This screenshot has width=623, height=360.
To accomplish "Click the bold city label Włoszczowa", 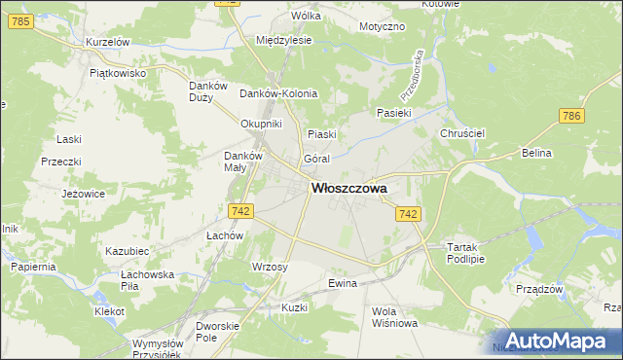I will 348,189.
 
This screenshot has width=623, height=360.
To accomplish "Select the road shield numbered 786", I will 571,116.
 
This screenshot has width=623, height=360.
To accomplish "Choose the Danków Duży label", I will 207,90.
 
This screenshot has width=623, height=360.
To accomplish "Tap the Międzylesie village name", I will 282,41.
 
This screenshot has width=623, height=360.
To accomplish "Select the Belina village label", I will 536,154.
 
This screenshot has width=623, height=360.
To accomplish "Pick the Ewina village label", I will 344,283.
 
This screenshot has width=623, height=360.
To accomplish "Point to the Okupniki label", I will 261,124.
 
